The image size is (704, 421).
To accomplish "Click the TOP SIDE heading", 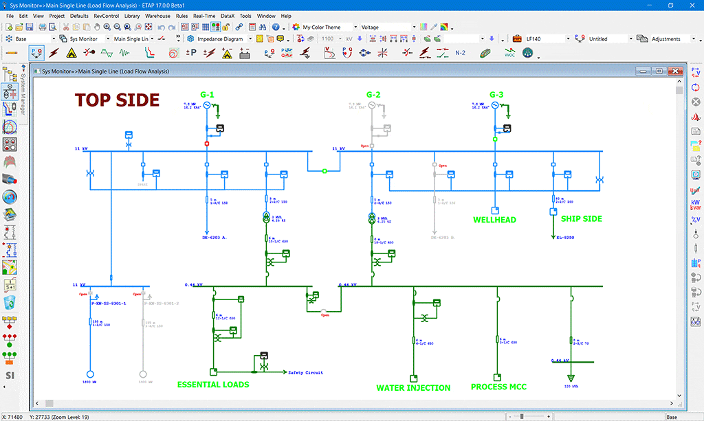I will (117, 100).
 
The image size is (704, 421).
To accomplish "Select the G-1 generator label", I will (208, 94).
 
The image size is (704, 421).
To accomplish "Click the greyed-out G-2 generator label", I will (373, 94).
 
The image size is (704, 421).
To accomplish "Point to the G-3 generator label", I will (496, 94).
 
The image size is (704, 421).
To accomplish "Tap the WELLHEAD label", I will (494, 220).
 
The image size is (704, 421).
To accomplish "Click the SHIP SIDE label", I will (582, 219).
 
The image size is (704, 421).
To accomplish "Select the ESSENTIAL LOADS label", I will (213, 385).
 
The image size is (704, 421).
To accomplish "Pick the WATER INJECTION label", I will (413, 388).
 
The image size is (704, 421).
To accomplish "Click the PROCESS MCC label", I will (499, 387).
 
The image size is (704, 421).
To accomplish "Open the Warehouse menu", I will (157, 15).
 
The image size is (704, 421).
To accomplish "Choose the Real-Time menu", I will (203, 15).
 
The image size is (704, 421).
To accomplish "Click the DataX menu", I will (228, 15).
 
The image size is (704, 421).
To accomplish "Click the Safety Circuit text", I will (305, 373).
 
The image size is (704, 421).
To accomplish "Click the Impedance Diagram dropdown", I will (225, 39).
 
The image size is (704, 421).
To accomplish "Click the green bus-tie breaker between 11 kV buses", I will (324, 171).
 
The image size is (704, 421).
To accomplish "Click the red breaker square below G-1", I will (207, 144).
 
